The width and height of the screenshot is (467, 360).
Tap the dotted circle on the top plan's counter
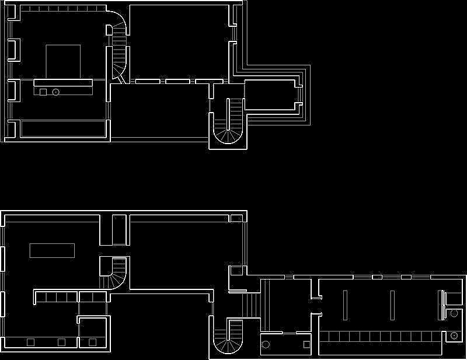coord(56,92)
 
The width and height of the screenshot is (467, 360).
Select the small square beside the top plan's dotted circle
coord(43,92)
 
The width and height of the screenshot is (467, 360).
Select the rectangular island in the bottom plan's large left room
coord(53,251)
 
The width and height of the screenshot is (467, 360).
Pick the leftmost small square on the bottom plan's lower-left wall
coord(30,342)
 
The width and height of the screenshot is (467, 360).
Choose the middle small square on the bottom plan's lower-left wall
coord(61,342)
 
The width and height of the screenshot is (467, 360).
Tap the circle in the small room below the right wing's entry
coord(266,344)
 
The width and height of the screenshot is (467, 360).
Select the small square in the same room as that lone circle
coord(306,344)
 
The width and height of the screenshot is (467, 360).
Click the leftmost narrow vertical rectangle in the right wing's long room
coord(346,305)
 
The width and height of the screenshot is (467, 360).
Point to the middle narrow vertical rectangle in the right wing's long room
coord(392,305)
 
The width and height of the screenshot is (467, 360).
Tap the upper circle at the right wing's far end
coord(454,313)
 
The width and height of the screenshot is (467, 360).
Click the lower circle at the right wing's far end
coord(454,336)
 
